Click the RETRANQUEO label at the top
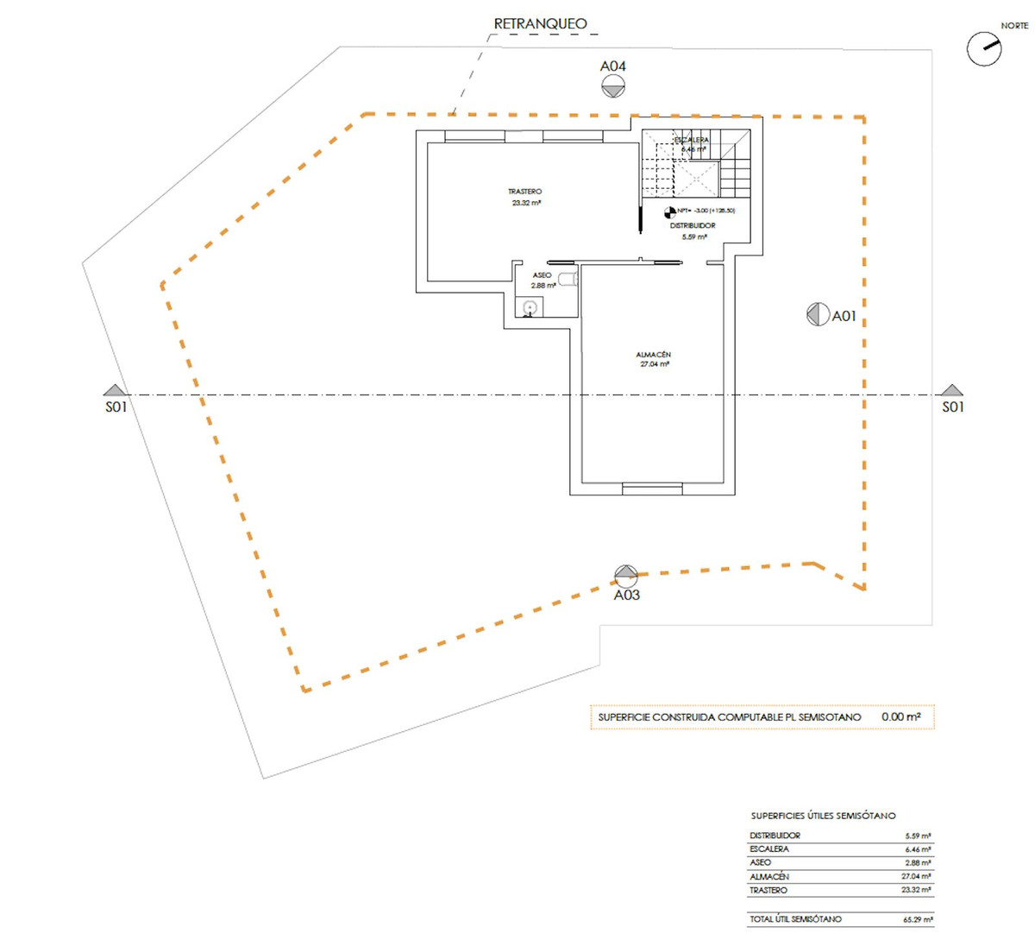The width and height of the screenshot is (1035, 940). coord(540,24)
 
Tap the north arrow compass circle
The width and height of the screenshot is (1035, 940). coord(983,49)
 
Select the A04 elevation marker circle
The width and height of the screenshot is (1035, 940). coord(613,85)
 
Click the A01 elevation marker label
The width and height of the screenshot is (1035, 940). coord(844,316)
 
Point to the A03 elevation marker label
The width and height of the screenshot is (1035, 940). coord(627,595)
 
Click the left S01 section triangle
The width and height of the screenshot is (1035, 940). coord(115,390)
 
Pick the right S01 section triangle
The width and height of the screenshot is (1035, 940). coord(951,390)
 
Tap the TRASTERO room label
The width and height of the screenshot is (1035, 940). coord(525,192)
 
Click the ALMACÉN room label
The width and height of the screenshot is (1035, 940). coord(654,355)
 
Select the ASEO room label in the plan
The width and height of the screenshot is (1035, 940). coord(542,275)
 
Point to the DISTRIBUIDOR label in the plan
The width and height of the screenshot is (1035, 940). coord(693,225)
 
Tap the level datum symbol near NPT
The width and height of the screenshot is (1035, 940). coord(670,211)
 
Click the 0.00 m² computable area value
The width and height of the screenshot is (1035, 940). coord(900,717)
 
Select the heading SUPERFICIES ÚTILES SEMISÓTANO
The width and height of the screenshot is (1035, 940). coord(823,816)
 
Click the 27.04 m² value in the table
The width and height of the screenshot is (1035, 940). coord(916,876)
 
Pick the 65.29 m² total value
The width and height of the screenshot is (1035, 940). coord(918,920)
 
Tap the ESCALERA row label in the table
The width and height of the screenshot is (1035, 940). coord(769,849)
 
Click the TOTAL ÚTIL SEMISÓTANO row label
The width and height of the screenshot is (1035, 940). coord(795,919)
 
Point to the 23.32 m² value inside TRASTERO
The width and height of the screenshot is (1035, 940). coord(526,203)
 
